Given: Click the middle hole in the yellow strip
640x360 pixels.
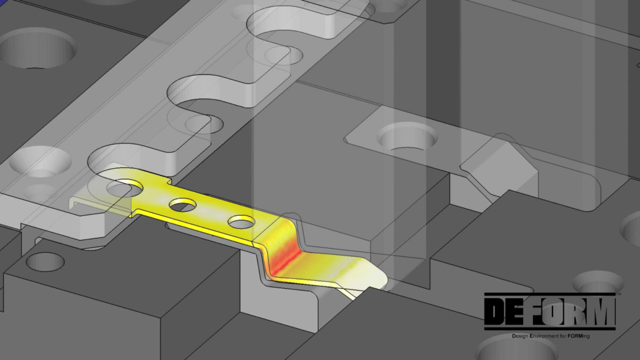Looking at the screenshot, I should pos(182,204).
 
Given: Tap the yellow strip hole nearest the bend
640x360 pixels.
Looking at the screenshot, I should pos(241,221).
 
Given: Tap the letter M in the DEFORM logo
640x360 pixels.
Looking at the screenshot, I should pos(601,311).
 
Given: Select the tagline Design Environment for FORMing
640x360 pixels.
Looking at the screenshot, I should pos(551,336).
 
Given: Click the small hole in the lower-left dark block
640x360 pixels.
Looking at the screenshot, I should pos(44,262).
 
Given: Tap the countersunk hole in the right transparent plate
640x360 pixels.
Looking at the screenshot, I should pos(409,136).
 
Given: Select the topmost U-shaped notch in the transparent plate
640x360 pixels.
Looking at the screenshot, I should pos(281,28).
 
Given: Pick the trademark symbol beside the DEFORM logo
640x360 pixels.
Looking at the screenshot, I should pos(618,293).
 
